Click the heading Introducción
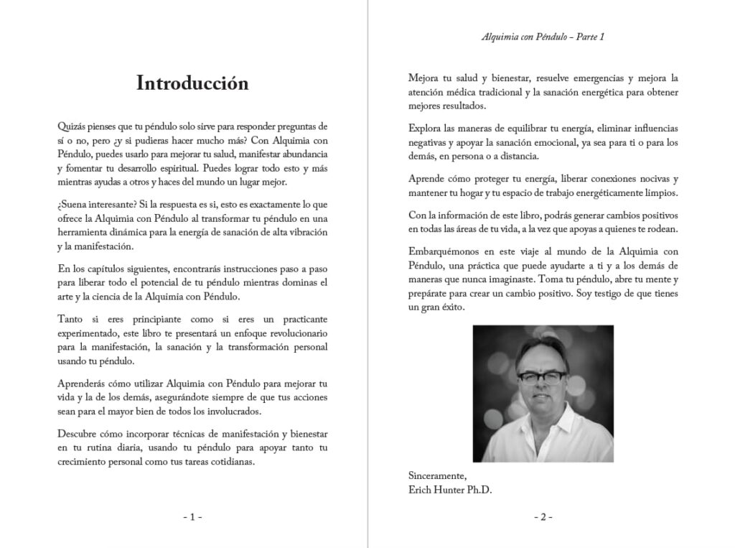tap(192, 83)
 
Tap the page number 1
tap(192, 516)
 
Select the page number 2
tap(543, 516)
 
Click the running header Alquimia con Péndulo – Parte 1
tap(543, 37)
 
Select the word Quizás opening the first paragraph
tap(72, 126)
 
